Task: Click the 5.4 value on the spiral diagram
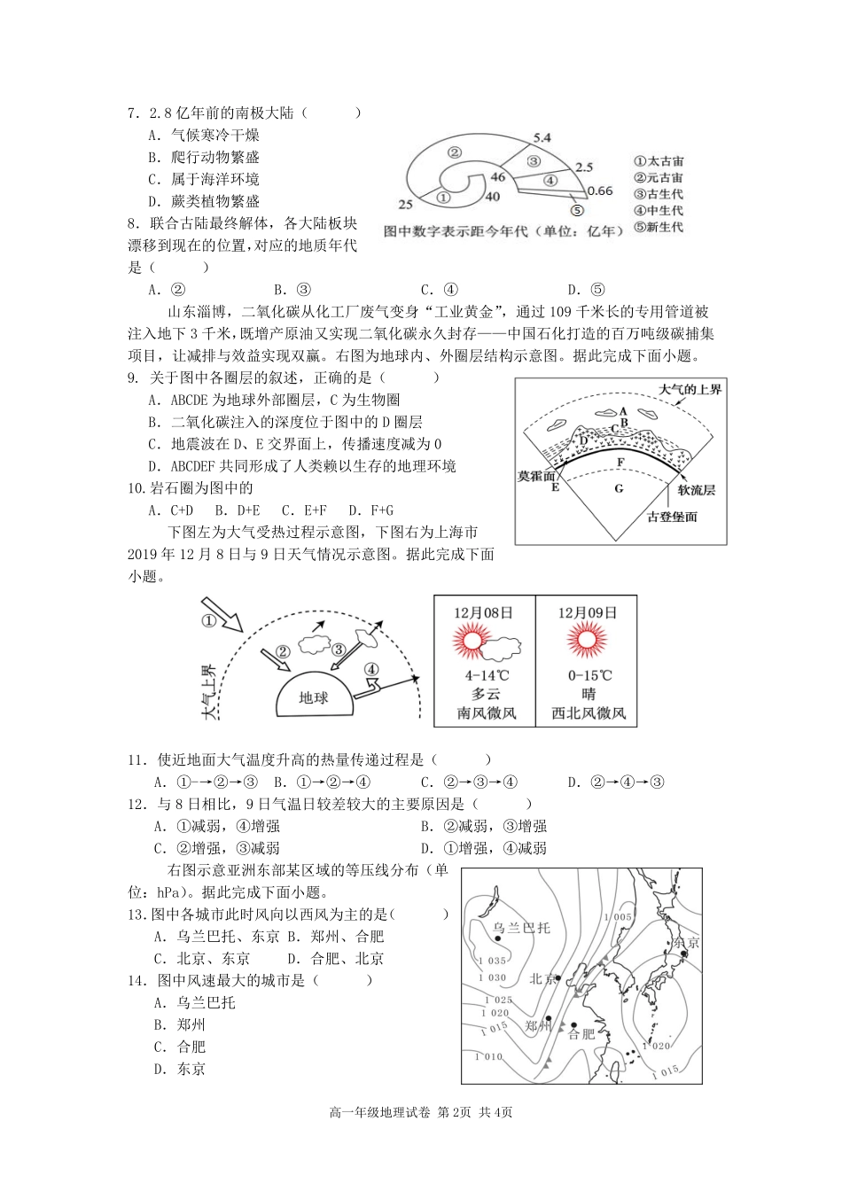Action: (x=541, y=137)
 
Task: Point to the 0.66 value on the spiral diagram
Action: (x=600, y=191)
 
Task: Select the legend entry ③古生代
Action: (x=659, y=194)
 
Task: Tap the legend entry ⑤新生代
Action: (x=659, y=227)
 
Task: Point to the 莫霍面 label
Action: (x=537, y=475)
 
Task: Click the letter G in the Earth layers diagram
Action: (x=619, y=488)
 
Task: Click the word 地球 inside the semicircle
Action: (x=314, y=697)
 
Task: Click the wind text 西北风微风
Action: (x=587, y=712)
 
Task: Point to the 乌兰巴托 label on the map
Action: (x=521, y=928)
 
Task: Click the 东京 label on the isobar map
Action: (x=685, y=943)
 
